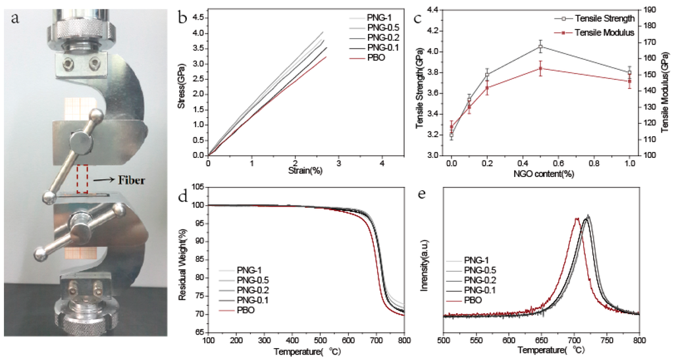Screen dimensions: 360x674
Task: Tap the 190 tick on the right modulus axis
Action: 650,9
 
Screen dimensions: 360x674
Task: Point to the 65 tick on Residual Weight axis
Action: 198,333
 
